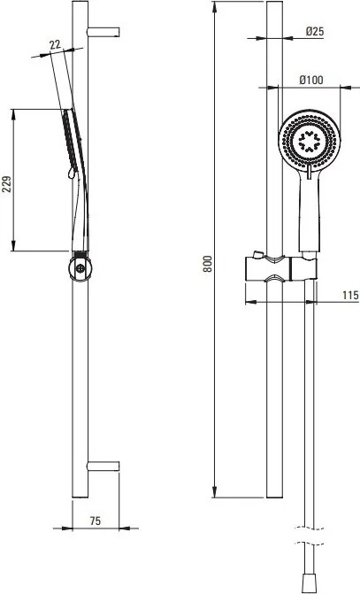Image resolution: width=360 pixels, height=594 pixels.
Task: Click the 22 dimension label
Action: (55, 44)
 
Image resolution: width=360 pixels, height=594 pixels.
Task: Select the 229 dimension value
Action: (7, 184)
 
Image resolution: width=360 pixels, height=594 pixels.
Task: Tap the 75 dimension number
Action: (96, 521)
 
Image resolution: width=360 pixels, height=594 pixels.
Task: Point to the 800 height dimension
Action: (208, 264)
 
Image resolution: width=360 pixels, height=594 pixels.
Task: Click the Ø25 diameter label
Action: (315, 32)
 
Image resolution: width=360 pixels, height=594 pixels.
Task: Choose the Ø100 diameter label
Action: (311, 80)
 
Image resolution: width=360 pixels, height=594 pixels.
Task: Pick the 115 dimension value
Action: (350, 295)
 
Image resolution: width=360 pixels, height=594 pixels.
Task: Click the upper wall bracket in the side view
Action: (103, 32)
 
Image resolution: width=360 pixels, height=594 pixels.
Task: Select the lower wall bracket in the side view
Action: (103, 466)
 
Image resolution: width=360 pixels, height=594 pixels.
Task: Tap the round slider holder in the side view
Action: (80, 268)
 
